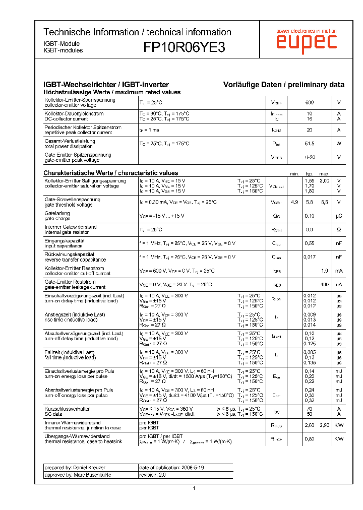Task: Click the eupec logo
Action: point(306,43)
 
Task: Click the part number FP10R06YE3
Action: point(184,47)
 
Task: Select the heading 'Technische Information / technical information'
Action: point(137,32)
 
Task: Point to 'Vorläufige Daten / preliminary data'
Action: point(284,85)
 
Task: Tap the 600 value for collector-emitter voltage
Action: point(310,103)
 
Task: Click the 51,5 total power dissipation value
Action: point(310,144)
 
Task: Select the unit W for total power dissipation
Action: point(339,144)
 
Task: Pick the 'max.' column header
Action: point(324,173)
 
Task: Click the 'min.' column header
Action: point(294,173)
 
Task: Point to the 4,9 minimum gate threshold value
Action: point(294,202)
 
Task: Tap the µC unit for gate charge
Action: point(339,216)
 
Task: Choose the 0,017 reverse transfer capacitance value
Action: point(310,257)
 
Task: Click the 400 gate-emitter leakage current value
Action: point(324,285)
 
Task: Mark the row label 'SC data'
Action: point(54,414)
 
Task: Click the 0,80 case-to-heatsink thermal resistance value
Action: point(310,439)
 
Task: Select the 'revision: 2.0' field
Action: point(152,475)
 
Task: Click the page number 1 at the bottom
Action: point(194,488)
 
